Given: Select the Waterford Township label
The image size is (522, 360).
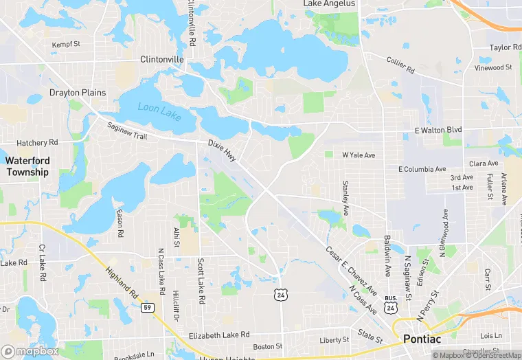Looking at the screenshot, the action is coord(27,166).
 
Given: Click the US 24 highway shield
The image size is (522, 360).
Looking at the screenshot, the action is coord(280,295).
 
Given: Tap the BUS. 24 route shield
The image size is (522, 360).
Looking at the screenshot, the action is coord(391,305).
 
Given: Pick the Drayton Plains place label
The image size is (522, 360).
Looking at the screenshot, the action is coord(78,92).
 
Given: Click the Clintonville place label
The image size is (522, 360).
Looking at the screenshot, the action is coord(162,60).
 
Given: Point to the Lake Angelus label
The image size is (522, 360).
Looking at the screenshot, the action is coord(330,4).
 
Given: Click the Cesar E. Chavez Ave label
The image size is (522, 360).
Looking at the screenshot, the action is coord(352,271).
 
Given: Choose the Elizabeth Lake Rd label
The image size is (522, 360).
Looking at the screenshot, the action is coord(218,335).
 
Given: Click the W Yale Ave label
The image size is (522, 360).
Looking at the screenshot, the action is coord(359,155).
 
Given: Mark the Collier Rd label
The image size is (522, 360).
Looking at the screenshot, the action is coord(400,66).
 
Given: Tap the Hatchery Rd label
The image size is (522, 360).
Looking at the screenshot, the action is coord(37,143).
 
